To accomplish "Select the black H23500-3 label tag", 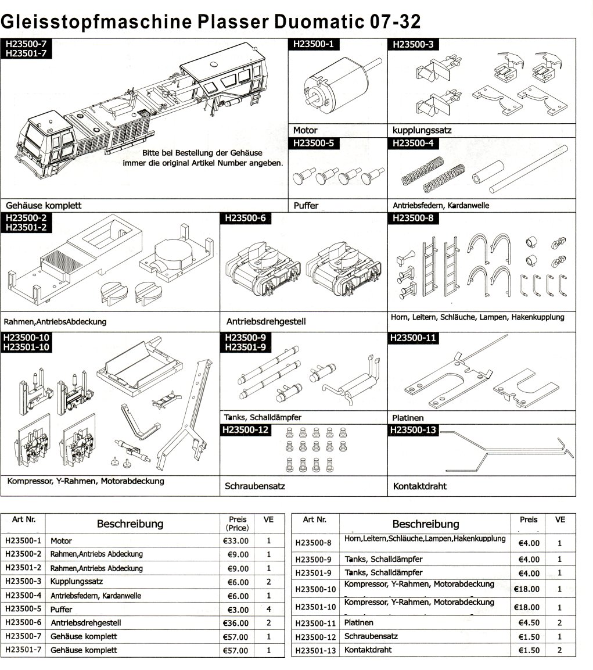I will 413,44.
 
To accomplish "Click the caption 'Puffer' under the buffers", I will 306,206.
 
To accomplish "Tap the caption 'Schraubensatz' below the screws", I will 255,486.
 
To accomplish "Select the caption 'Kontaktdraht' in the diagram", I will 420,486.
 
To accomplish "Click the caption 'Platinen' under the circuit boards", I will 408,418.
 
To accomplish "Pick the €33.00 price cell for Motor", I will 236,541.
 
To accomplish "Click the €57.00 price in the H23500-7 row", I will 236,637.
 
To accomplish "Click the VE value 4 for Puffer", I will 269,610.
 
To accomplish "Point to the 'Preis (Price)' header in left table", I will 238,524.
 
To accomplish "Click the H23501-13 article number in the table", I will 316,651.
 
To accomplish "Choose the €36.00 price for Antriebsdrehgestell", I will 236,623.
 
